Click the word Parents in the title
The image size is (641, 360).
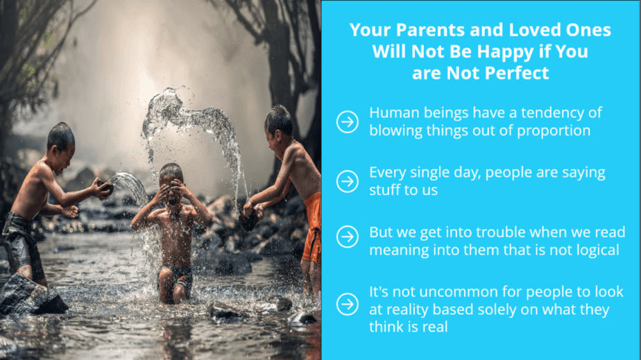(x=431, y=30)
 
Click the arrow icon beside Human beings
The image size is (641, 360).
(x=348, y=122)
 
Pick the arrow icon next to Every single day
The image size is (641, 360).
(x=348, y=182)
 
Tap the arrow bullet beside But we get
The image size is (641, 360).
(x=348, y=237)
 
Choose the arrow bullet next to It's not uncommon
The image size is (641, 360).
(x=348, y=304)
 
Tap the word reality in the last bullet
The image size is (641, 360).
(x=411, y=310)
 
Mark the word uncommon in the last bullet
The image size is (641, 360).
(x=459, y=292)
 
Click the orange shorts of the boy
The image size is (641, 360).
(x=313, y=228)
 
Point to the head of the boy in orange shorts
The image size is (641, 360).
(x=279, y=129)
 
